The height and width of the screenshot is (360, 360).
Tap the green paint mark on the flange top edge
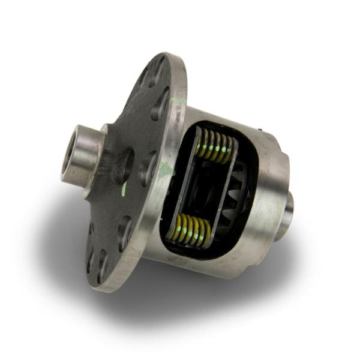click(x=179, y=100)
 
